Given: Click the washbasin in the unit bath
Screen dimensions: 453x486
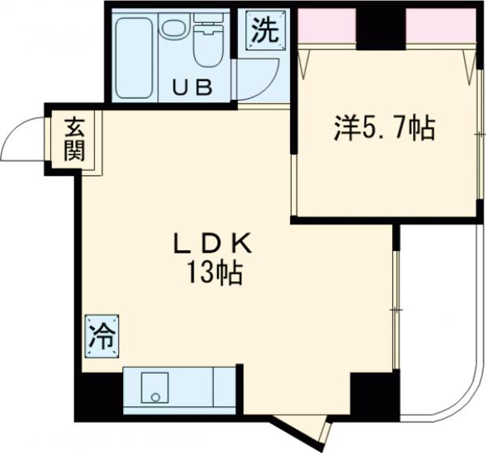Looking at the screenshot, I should click(x=173, y=29).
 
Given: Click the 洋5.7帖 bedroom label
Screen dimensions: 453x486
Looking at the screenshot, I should click(x=384, y=128).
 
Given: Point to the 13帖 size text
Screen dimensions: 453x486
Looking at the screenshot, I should click(x=212, y=273).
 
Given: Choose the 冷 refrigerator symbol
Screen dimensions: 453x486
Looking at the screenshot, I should click(x=103, y=335).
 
